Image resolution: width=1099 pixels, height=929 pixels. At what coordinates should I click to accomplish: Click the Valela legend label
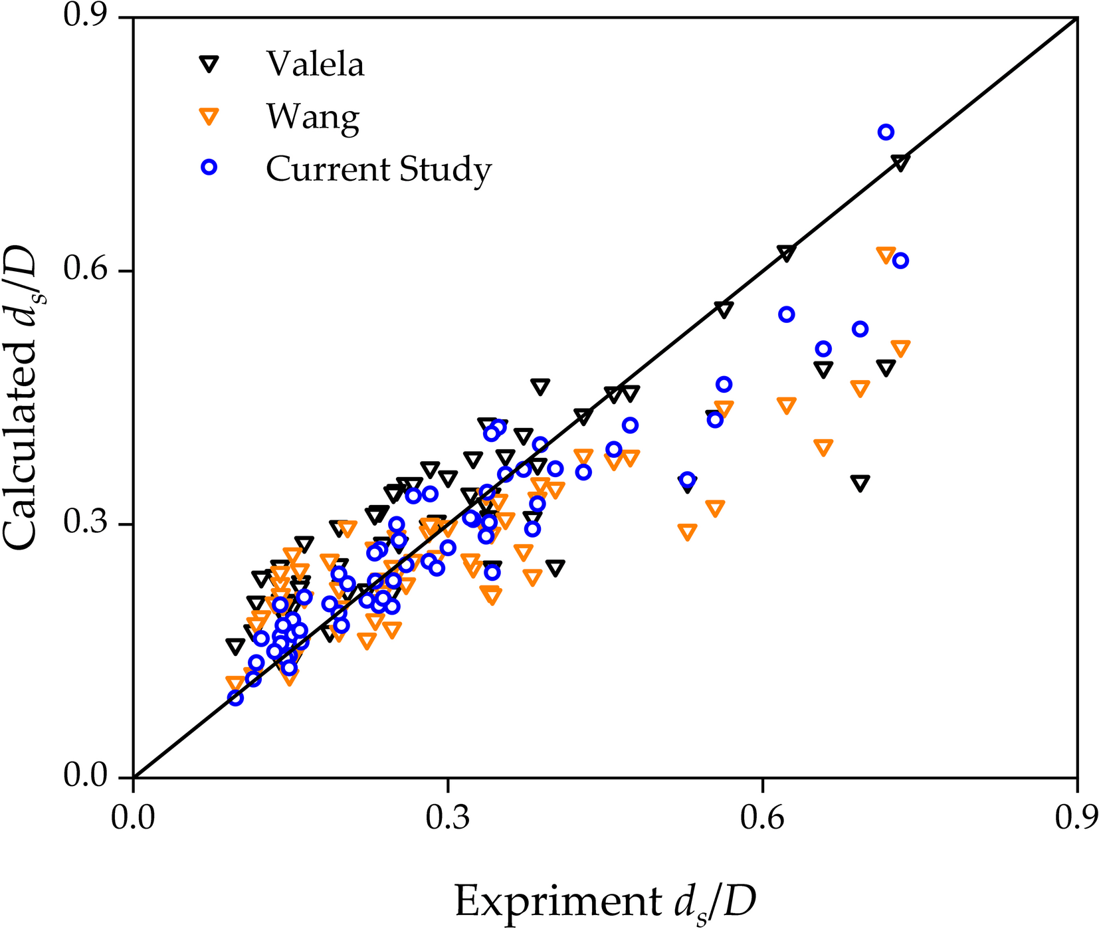point(315,64)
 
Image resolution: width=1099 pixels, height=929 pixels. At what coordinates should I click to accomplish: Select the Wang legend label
point(312,117)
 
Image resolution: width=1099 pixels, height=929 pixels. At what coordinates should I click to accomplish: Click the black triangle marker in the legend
point(209,64)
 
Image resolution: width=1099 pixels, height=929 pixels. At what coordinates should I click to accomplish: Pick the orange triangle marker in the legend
point(209,116)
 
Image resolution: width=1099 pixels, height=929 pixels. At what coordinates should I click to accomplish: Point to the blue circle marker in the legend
point(209,167)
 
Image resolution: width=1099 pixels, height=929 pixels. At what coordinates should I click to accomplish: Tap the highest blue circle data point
point(885,132)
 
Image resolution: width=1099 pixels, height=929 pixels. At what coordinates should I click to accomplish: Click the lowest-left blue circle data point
point(235,698)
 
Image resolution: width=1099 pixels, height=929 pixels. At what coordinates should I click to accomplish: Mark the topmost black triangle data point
point(900,162)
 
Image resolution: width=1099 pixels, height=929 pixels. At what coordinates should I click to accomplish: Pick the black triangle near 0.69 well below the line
point(860,483)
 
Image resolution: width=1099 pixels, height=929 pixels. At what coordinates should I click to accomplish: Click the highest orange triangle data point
point(885,255)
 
